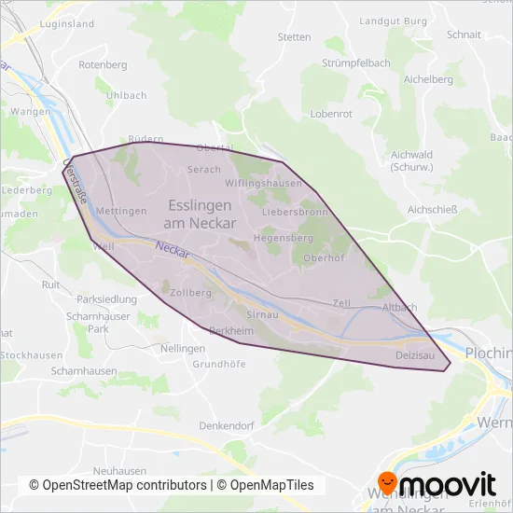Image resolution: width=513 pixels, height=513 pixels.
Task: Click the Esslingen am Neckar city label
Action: point(201,214)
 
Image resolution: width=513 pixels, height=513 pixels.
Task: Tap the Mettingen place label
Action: point(120,212)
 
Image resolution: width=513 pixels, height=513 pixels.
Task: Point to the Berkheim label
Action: point(232,331)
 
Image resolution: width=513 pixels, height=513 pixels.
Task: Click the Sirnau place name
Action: point(264,316)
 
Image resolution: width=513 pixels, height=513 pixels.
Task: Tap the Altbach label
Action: point(400,307)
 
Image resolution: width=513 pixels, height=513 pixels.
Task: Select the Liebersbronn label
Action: point(295,213)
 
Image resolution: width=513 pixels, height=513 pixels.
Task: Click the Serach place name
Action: point(204,170)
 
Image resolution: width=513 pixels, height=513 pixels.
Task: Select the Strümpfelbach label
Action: point(354,63)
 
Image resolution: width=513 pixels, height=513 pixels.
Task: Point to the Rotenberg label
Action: point(103,65)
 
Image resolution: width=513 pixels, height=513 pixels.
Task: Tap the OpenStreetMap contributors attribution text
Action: point(118,485)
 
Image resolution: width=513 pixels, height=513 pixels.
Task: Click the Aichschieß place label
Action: point(433,210)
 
